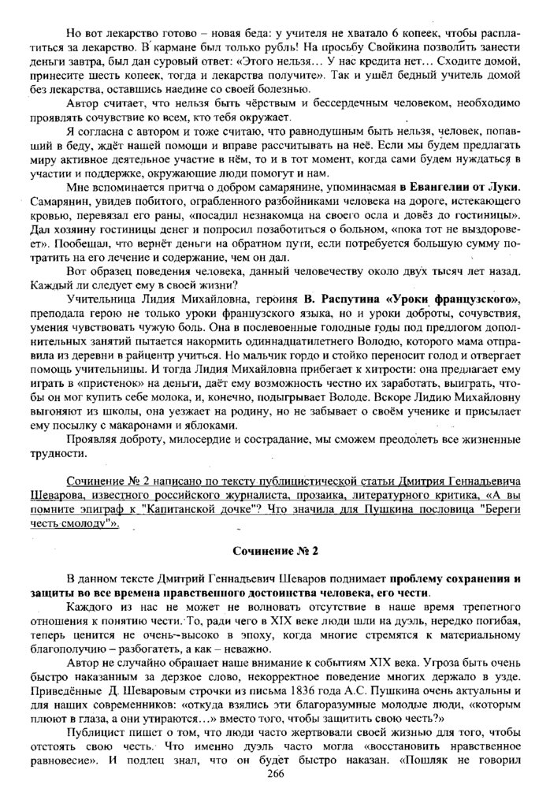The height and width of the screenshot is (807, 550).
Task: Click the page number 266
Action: click(274, 773)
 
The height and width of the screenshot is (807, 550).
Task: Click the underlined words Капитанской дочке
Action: click(201, 512)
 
